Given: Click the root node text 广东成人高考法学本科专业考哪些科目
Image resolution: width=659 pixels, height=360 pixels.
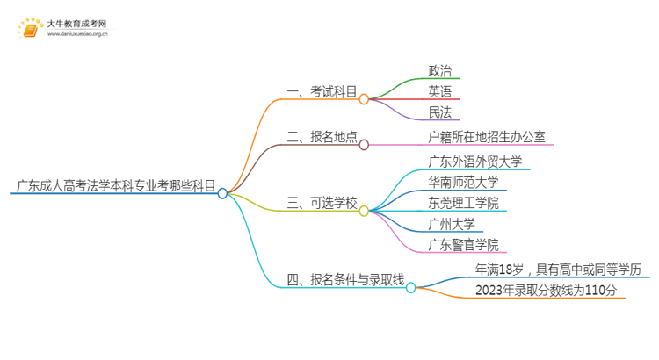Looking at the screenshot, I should coord(114,185).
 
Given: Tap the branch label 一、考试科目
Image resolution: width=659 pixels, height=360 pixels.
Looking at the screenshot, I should coord(322,91).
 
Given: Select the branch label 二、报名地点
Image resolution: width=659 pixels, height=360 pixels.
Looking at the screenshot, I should coord(322,137).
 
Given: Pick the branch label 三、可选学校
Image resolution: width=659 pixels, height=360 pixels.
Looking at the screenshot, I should coord(322,204).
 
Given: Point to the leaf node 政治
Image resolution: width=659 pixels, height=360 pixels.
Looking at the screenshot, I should coord(441,70).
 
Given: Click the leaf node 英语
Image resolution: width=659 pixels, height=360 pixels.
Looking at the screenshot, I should coord(441,91).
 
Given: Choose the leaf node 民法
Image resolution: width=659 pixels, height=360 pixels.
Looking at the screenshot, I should coord(441,112).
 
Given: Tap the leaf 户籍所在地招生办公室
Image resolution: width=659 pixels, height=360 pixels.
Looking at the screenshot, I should coord(486,137).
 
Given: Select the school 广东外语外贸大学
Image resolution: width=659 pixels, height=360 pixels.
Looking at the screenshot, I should coord(474,162).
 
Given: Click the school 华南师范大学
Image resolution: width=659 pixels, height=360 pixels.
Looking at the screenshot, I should coord(463,183).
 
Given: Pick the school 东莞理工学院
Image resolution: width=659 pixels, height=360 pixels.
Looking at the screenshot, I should coord(463,204).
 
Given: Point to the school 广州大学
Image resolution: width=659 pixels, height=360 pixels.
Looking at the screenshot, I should coord(452,224).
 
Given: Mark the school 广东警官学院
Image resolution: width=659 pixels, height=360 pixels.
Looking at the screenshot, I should coord(463,245).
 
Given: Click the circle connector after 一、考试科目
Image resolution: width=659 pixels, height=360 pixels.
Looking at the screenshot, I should coord(364,99).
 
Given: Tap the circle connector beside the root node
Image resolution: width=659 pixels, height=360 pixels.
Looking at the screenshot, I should coord(223,193).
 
